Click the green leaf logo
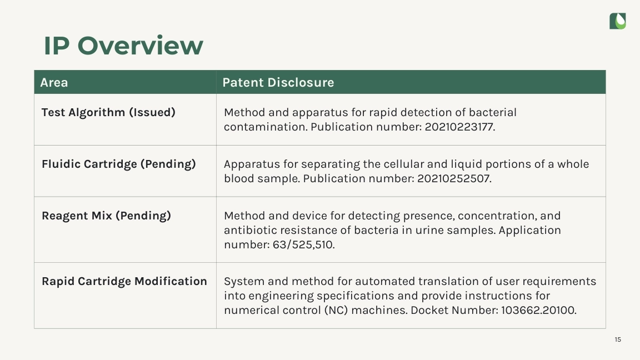(618, 21)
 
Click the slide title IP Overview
(123, 46)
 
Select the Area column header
(54, 82)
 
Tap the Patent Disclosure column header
(278, 82)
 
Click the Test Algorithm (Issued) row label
(108, 112)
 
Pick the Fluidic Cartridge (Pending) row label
(119, 164)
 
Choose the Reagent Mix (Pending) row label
(106, 216)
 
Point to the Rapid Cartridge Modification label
(124, 281)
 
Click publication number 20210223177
(459, 127)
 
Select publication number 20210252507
(454, 179)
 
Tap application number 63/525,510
(304, 245)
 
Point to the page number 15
(618, 339)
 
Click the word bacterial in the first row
(492, 112)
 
